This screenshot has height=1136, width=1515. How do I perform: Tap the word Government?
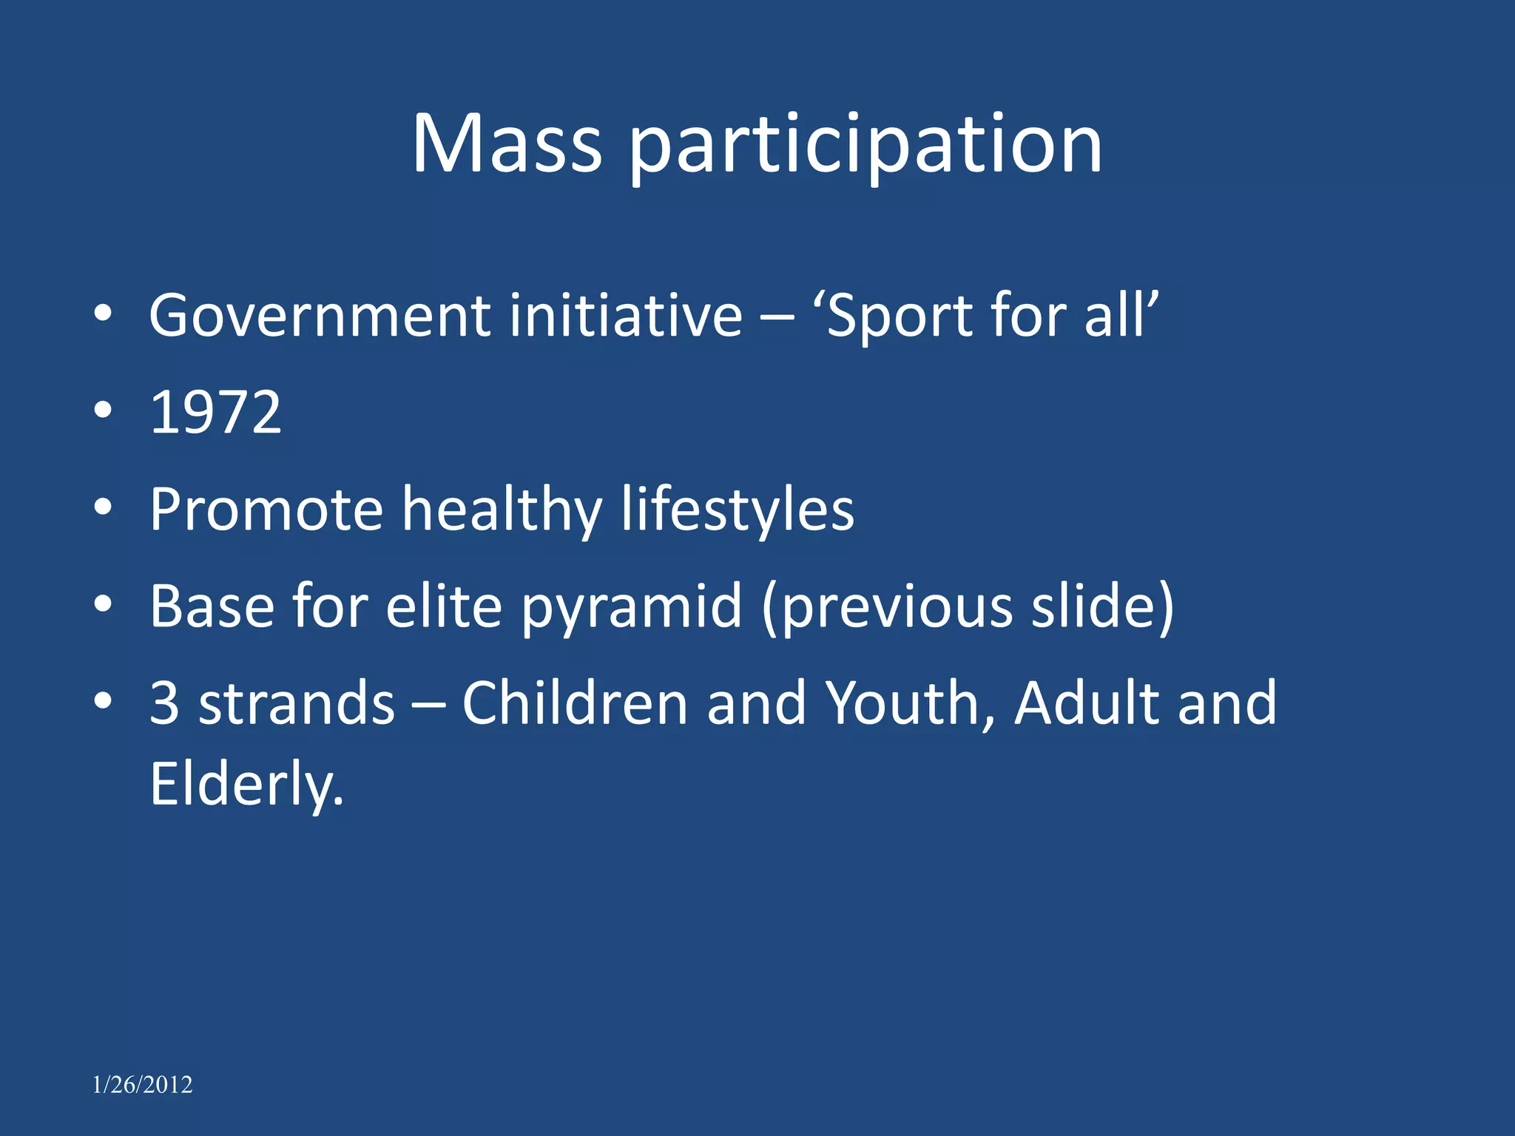(x=319, y=317)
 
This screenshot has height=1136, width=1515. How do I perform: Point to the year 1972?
(x=215, y=413)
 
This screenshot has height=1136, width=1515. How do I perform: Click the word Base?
(x=212, y=606)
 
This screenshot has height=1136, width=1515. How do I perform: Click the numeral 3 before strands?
(x=164, y=703)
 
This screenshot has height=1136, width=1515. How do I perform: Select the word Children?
(x=575, y=703)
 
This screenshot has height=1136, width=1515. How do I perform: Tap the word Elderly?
(x=246, y=785)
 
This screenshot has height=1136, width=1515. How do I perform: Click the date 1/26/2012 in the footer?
(x=142, y=1085)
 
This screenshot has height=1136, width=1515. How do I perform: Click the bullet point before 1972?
(x=103, y=410)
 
